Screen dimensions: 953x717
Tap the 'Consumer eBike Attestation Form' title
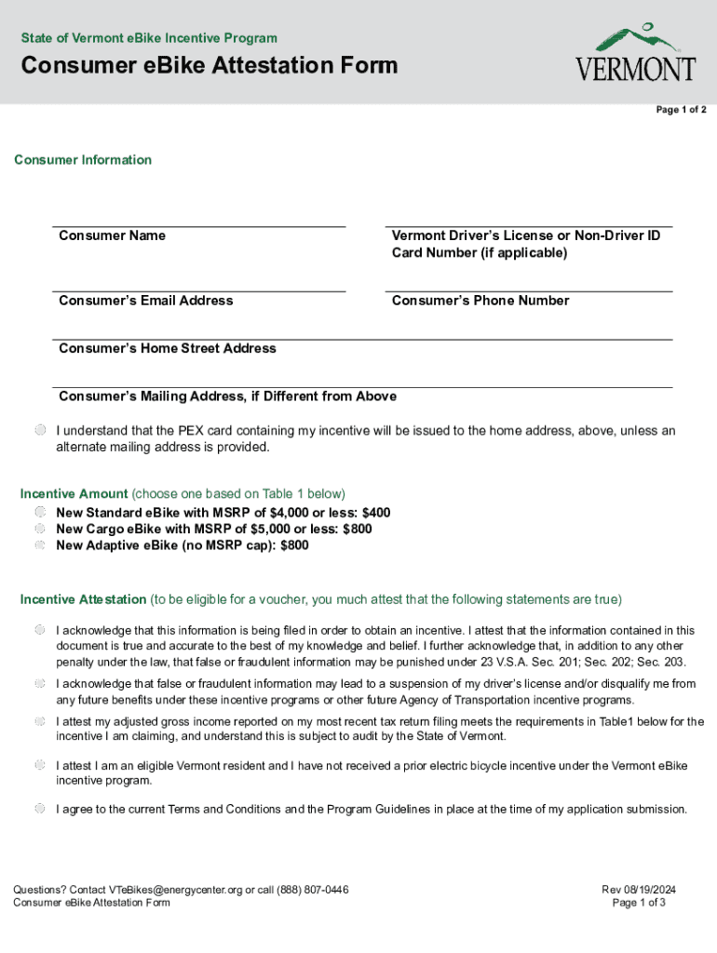point(210,66)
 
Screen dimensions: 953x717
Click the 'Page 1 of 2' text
point(681,110)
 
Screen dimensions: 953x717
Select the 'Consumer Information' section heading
point(83,160)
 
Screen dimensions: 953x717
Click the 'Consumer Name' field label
point(112,235)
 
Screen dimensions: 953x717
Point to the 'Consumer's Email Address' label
point(145,301)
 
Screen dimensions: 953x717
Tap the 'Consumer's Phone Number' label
point(480,301)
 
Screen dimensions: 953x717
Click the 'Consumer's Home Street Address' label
point(168,348)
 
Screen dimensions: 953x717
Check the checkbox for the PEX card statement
point(41,431)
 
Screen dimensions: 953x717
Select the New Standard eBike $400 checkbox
point(41,513)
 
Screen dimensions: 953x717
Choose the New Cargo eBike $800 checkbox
point(41,529)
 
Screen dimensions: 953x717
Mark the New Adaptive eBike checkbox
point(41,545)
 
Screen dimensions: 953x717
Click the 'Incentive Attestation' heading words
point(83,599)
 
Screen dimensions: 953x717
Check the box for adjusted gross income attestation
point(41,721)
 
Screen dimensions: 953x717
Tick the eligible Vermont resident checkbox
point(41,765)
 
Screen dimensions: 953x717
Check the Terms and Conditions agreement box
point(41,809)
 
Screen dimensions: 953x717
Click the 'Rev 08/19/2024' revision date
point(639,890)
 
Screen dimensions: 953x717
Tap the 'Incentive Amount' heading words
point(74,494)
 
